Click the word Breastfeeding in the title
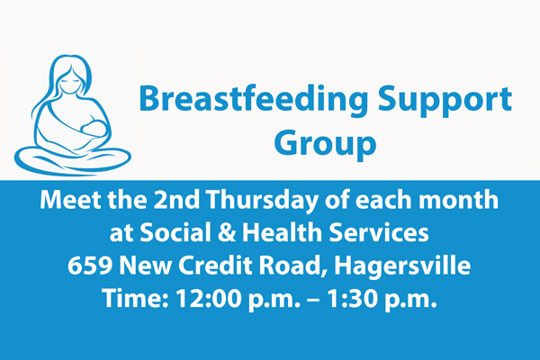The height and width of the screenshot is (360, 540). [x=254, y=100]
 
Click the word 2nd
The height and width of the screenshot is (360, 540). [x=176, y=200]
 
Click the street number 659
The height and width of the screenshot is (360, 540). [x=89, y=265]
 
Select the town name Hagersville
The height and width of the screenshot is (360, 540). [x=402, y=267]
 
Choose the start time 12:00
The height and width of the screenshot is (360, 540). [x=209, y=298]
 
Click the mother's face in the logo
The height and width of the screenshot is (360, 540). [x=71, y=81]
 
